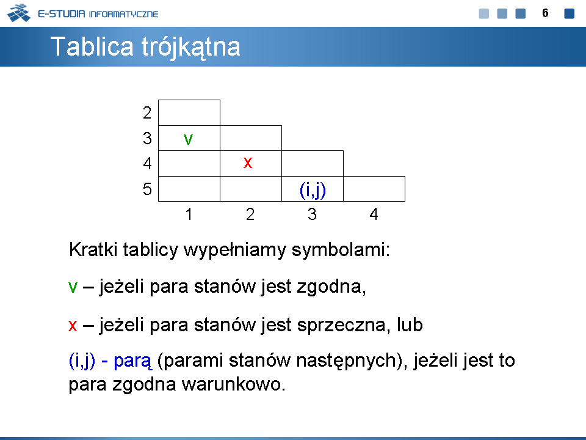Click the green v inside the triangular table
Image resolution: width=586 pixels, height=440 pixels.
pos(189,139)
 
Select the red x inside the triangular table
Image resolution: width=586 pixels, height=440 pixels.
pos(247,163)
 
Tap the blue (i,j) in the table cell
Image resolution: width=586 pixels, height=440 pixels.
pos(313,190)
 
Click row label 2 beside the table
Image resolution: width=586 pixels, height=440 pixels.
pos(147,112)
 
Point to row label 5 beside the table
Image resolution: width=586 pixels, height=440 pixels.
pos(147,189)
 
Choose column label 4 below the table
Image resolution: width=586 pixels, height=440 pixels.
pos(374,214)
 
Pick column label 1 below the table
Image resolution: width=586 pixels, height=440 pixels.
pos(189,214)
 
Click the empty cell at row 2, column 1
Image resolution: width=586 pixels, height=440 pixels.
pos(189,112)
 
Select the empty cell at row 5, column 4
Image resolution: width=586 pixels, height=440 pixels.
pos(374,189)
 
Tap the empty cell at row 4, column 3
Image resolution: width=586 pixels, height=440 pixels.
pos(313,164)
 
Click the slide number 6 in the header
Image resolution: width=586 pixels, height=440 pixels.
pos(545,13)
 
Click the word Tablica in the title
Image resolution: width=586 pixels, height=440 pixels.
pos(92,46)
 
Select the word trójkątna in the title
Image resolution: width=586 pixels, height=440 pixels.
pos(190,48)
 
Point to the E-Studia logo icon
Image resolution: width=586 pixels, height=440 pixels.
pos(19,13)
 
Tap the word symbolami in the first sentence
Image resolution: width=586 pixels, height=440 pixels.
pos(341,249)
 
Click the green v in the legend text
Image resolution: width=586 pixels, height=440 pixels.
pos(73,287)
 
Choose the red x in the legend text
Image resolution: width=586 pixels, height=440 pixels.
pos(73,325)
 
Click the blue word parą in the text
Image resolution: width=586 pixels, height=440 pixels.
pos(132,361)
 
